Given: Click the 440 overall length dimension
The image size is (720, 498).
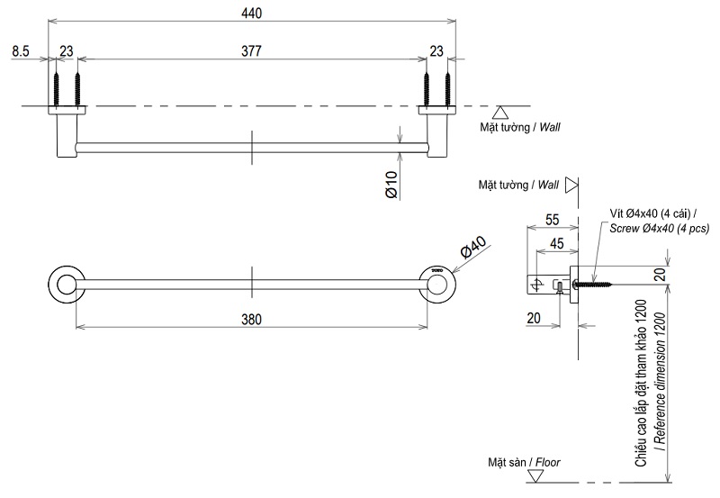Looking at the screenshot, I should (x=252, y=12).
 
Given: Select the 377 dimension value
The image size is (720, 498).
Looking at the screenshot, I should (x=252, y=52).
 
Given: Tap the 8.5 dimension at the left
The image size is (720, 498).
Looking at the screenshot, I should (x=22, y=52).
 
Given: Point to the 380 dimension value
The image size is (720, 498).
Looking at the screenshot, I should (x=252, y=317).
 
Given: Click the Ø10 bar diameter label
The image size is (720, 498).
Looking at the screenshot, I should (x=391, y=182).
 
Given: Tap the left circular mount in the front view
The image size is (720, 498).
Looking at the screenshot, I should (x=65, y=283).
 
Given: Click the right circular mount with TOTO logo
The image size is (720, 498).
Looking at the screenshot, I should (x=438, y=283).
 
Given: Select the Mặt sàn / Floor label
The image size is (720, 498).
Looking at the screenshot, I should (x=519, y=463).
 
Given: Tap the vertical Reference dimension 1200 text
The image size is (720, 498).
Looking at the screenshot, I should (x=660, y=387).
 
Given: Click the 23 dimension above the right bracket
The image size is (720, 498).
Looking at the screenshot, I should (x=437, y=52).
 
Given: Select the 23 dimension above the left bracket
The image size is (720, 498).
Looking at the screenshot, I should (x=67, y=52).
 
